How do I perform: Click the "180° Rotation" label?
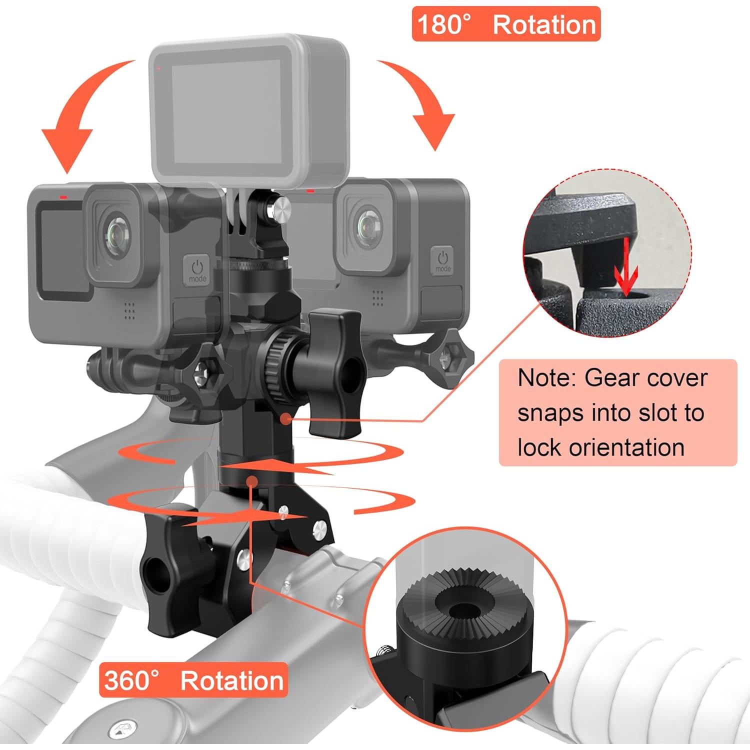coord(505,24)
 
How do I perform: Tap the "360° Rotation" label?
coord(193,680)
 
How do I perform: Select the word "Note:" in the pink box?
coord(546,378)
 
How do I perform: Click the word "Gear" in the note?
coord(611,378)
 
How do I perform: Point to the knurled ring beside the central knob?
coord(274,370)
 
